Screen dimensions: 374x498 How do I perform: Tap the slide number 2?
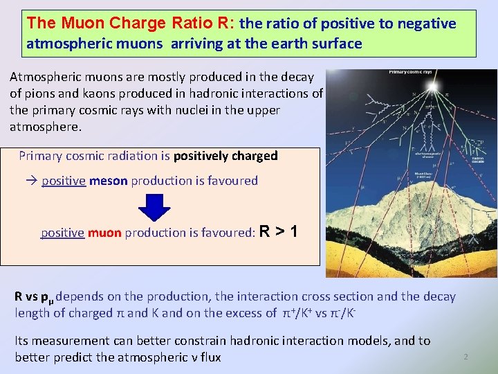click(465, 357)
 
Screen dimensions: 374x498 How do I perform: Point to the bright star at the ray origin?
click(433, 87)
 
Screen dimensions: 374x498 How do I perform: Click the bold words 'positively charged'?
click(225, 156)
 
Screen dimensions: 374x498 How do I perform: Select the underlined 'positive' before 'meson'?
click(63, 181)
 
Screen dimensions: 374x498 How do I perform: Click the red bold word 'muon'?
click(104, 233)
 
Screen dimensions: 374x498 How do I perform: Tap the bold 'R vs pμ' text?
click(35, 297)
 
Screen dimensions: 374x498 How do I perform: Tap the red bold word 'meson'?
click(109, 181)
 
